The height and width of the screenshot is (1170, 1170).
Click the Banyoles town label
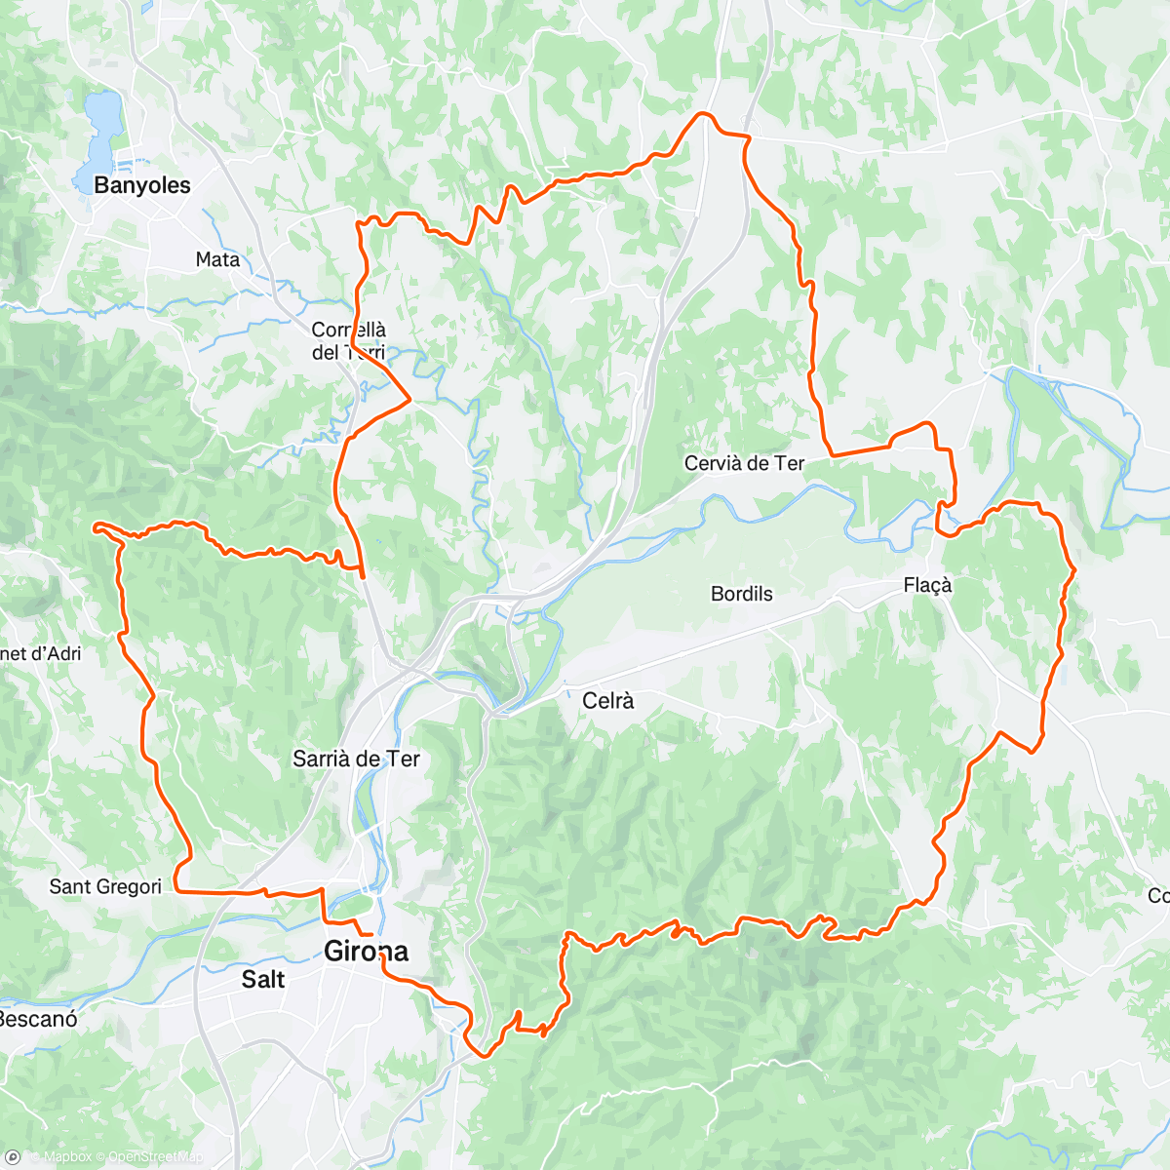click(142, 185)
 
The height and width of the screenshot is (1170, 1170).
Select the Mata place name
click(217, 259)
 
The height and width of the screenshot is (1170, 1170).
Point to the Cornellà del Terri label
click(349, 341)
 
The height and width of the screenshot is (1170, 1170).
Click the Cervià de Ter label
click(744, 464)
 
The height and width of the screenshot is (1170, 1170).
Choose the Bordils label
click(741, 594)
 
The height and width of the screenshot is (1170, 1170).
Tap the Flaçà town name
click(927, 585)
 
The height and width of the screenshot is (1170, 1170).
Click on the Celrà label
click(607, 700)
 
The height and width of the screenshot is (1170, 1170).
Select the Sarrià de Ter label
click(356, 759)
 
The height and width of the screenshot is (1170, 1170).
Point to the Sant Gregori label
click(105, 886)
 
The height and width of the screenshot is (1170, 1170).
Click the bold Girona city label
click(367, 952)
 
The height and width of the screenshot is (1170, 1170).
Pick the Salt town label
click(263, 979)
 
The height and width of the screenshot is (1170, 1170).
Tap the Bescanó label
click(37, 1020)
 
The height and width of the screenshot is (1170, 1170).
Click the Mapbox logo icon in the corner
click(14, 1156)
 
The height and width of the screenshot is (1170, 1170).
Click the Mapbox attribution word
click(68, 1157)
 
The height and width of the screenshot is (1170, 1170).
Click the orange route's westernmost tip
click(95, 526)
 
